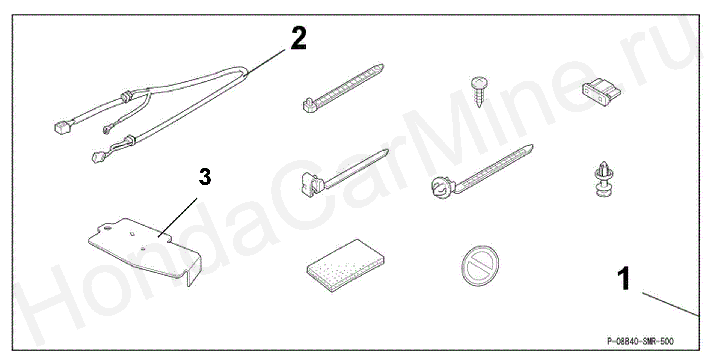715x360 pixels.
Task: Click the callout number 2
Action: [x=299, y=39]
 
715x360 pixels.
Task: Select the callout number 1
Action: [x=624, y=279]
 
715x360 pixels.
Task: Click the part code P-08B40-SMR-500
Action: [x=640, y=341]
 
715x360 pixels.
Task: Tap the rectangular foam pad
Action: [x=345, y=265]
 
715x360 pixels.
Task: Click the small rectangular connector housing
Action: [x=601, y=92]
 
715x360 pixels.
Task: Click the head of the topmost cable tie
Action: [x=309, y=105]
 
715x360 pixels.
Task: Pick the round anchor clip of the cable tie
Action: [x=442, y=187]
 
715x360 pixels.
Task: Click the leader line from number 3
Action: [x=177, y=218]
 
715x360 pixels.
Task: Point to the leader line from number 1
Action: [x=670, y=304]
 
